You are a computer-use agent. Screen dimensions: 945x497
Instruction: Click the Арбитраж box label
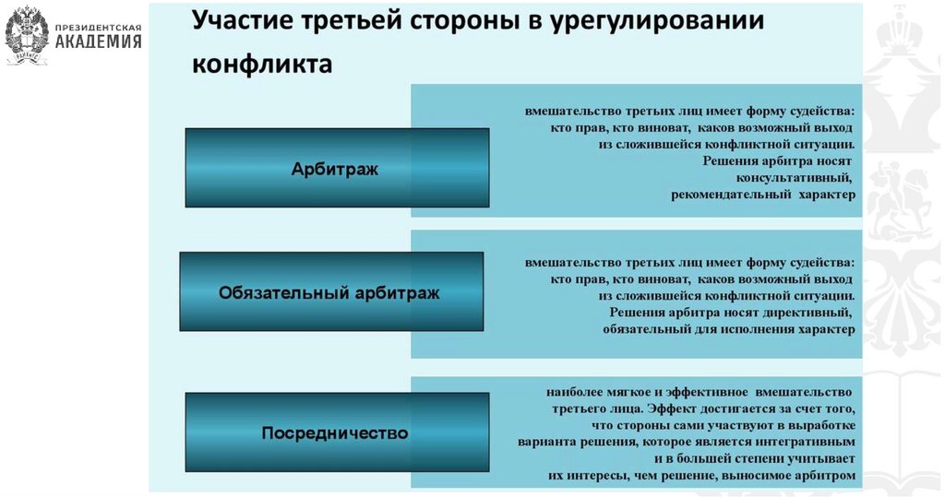tap(335, 169)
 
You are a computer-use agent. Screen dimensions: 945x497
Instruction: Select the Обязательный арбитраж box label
tap(329, 293)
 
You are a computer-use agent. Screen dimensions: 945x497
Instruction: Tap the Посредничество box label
tap(334, 432)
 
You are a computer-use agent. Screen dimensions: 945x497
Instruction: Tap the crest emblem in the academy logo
tap(27, 35)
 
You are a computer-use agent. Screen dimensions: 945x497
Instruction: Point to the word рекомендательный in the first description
tap(727, 195)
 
